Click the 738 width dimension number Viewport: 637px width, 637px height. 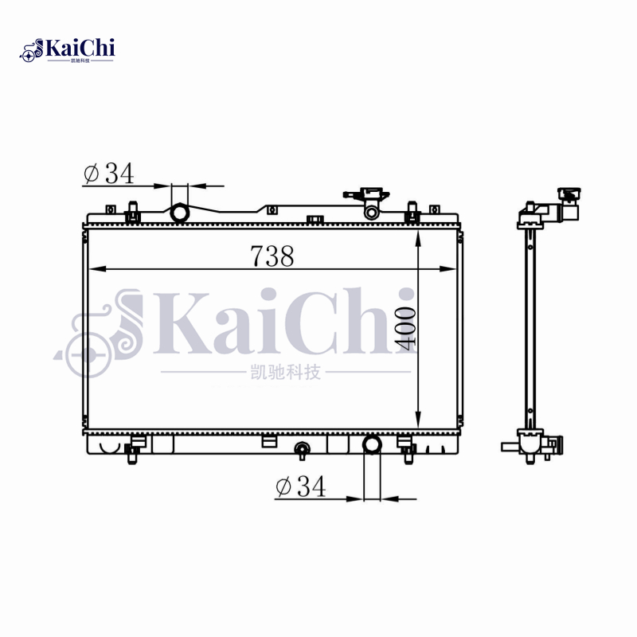[x=272, y=256]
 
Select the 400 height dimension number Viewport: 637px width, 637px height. [x=405, y=327]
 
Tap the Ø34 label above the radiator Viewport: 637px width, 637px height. [x=109, y=174]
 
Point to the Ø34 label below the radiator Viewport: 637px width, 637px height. [x=300, y=487]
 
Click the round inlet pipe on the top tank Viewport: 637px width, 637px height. [x=180, y=213]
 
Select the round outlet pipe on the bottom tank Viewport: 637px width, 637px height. [x=372, y=444]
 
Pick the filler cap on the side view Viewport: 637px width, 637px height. [x=569, y=194]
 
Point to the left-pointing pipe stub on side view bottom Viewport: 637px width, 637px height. [x=508, y=447]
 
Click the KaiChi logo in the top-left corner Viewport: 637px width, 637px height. [x=68, y=50]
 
